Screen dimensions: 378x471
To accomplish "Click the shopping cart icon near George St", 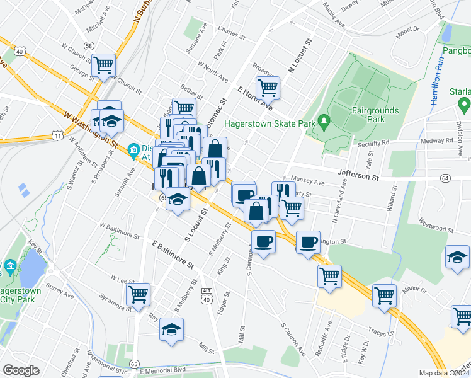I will click(103, 64).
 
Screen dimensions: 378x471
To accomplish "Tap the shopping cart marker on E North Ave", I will click(268, 88).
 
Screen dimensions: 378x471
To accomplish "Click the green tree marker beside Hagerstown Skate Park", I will click(324, 120).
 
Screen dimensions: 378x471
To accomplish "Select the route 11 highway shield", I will click(57, 135).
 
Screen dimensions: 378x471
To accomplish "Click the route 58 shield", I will click(89, 46).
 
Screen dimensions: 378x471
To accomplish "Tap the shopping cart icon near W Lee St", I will click(138, 293).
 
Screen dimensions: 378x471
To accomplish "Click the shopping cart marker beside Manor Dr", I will click(384, 294).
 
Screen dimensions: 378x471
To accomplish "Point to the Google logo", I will click(21, 370).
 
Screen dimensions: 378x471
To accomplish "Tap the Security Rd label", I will click(374, 143).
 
